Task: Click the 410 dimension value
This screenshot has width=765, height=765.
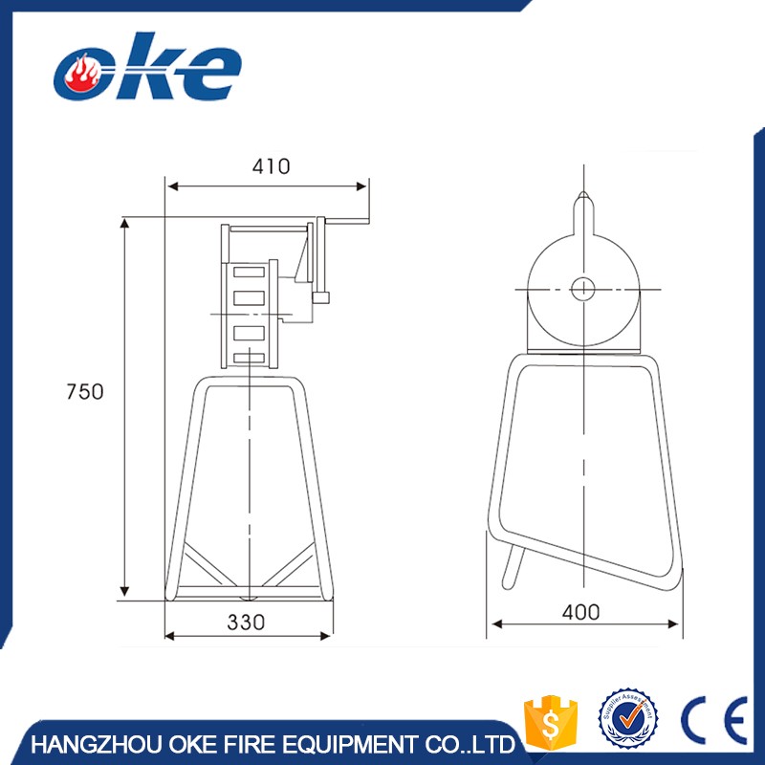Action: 271,165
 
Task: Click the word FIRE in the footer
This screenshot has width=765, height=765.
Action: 251,744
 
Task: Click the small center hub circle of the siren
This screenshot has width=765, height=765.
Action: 582,287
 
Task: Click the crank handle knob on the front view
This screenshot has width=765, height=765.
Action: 321,298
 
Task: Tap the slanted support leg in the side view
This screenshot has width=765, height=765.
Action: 514,567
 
